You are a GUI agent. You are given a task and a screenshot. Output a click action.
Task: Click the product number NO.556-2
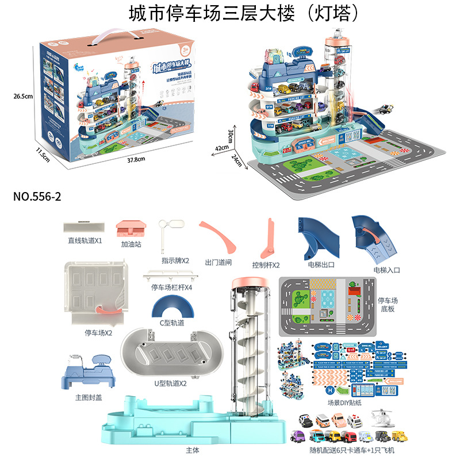click(37, 196)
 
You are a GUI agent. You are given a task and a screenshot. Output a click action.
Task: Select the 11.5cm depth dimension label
click(40, 154)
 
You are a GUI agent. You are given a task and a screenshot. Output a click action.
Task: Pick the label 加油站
click(131, 244)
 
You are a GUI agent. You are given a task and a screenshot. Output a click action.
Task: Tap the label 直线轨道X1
click(83, 241)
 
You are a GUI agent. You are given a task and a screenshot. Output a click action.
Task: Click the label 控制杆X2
click(266, 265)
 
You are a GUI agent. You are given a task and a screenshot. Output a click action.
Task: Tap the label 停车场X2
click(98, 332)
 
